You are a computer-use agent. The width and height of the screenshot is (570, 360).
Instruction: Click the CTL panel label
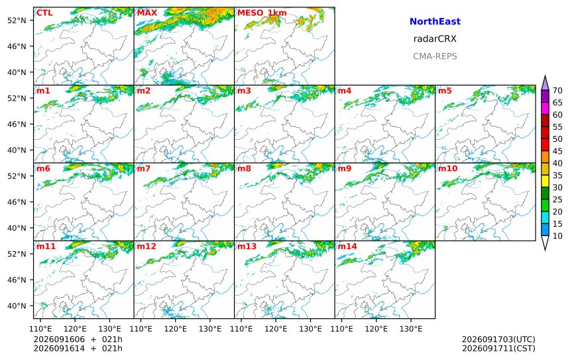click(44, 13)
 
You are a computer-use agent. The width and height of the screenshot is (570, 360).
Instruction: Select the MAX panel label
click(147, 13)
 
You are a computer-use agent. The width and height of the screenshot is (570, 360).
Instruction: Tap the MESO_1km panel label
click(262, 13)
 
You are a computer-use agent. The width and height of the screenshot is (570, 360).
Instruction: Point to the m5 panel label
click(445, 91)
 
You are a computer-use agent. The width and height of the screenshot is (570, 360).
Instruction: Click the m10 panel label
click(447, 168)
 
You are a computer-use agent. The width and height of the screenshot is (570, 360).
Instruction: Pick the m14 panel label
click(347, 247)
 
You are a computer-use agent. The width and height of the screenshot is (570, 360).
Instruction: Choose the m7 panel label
click(143, 168)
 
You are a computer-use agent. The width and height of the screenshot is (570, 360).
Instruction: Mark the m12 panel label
click(146, 247)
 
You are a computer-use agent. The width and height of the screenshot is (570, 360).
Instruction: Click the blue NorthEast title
click(435, 21)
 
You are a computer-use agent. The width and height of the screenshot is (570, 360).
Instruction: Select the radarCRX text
click(435, 39)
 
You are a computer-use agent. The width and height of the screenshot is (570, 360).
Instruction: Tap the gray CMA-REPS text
click(435, 56)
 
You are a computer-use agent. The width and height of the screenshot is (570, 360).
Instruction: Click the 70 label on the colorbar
click(557, 91)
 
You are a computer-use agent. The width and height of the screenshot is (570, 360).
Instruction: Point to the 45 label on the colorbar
click(557, 151)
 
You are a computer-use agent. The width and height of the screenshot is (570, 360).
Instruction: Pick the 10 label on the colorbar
click(557, 236)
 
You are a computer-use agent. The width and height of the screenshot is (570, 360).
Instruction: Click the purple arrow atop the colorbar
click(545, 83)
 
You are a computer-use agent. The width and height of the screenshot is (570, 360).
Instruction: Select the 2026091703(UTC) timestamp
click(498, 339)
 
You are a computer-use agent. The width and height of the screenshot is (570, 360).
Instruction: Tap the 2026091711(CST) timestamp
click(498, 348)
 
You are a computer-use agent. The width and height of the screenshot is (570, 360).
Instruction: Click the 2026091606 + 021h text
click(78, 339)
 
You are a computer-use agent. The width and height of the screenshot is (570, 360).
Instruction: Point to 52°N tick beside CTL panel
click(17, 21)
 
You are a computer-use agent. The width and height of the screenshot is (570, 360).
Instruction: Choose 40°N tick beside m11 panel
click(17, 306)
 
